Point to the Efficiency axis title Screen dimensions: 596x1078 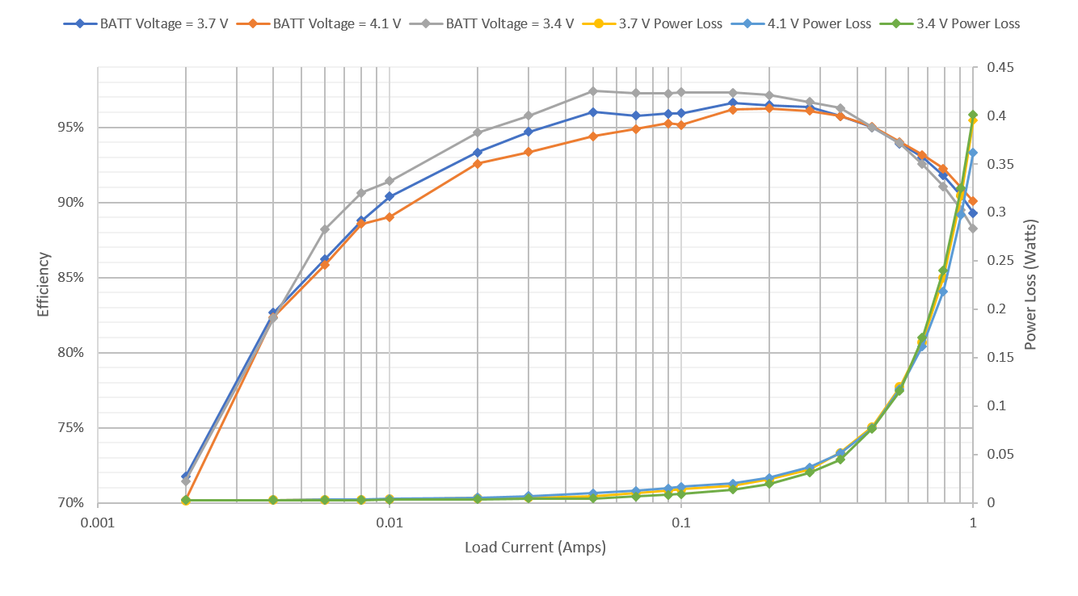pos(44,284)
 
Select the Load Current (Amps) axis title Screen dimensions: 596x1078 pos(535,548)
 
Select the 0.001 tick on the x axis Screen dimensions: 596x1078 pos(98,523)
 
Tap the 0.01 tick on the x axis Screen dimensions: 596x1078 pos(390,523)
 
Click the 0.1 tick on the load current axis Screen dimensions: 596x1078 pos(681,523)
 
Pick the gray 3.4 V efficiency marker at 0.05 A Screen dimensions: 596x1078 pos(593,90)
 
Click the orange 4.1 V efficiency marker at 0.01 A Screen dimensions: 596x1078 pos(390,217)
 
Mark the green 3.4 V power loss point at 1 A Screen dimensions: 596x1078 pos(973,115)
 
